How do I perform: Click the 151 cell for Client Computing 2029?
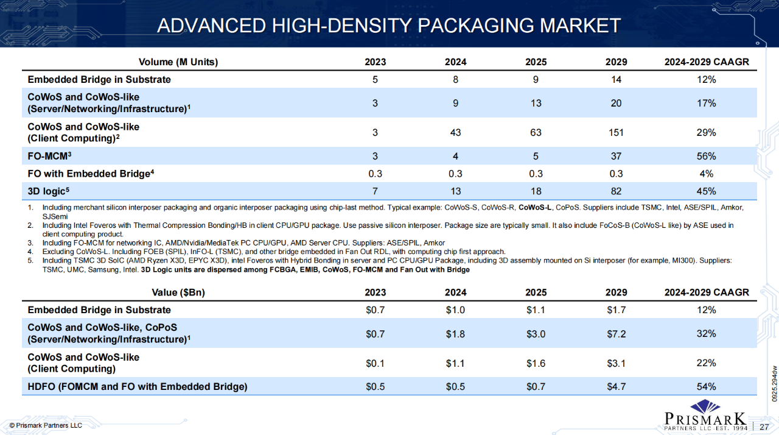click(x=616, y=133)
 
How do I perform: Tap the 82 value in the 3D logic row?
click(x=616, y=191)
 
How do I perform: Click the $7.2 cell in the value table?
click(x=616, y=334)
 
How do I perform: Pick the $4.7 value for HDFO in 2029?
click(x=616, y=387)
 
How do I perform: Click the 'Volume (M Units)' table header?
click(x=178, y=62)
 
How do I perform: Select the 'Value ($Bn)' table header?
click(x=178, y=292)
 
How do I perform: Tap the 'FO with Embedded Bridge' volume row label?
click(x=89, y=174)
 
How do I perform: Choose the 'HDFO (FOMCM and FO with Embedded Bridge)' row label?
click(x=138, y=387)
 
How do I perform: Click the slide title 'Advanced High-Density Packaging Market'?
click(x=389, y=26)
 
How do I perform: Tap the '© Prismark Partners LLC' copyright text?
click(x=46, y=425)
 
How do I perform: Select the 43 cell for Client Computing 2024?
click(x=455, y=133)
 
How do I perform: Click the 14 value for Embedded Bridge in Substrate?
click(x=616, y=80)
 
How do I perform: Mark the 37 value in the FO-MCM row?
click(x=616, y=157)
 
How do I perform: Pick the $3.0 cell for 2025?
click(x=536, y=334)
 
